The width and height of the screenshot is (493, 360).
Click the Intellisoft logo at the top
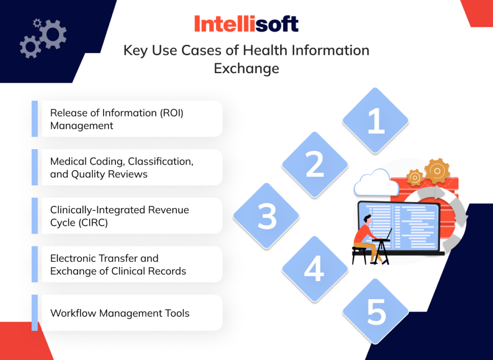point(246,24)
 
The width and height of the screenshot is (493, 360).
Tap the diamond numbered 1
point(376,120)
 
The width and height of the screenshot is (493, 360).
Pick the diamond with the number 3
point(266,216)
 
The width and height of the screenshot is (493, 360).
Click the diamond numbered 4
point(314,269)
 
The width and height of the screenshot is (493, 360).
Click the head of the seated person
point(367,220)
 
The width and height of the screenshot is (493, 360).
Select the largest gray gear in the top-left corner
point(52,33)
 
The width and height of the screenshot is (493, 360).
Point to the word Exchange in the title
point(246,68)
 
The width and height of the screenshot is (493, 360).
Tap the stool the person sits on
point(359,253)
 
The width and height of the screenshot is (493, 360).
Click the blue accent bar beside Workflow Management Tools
point(35,313)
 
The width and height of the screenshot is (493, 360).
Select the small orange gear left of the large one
point(415,177)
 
